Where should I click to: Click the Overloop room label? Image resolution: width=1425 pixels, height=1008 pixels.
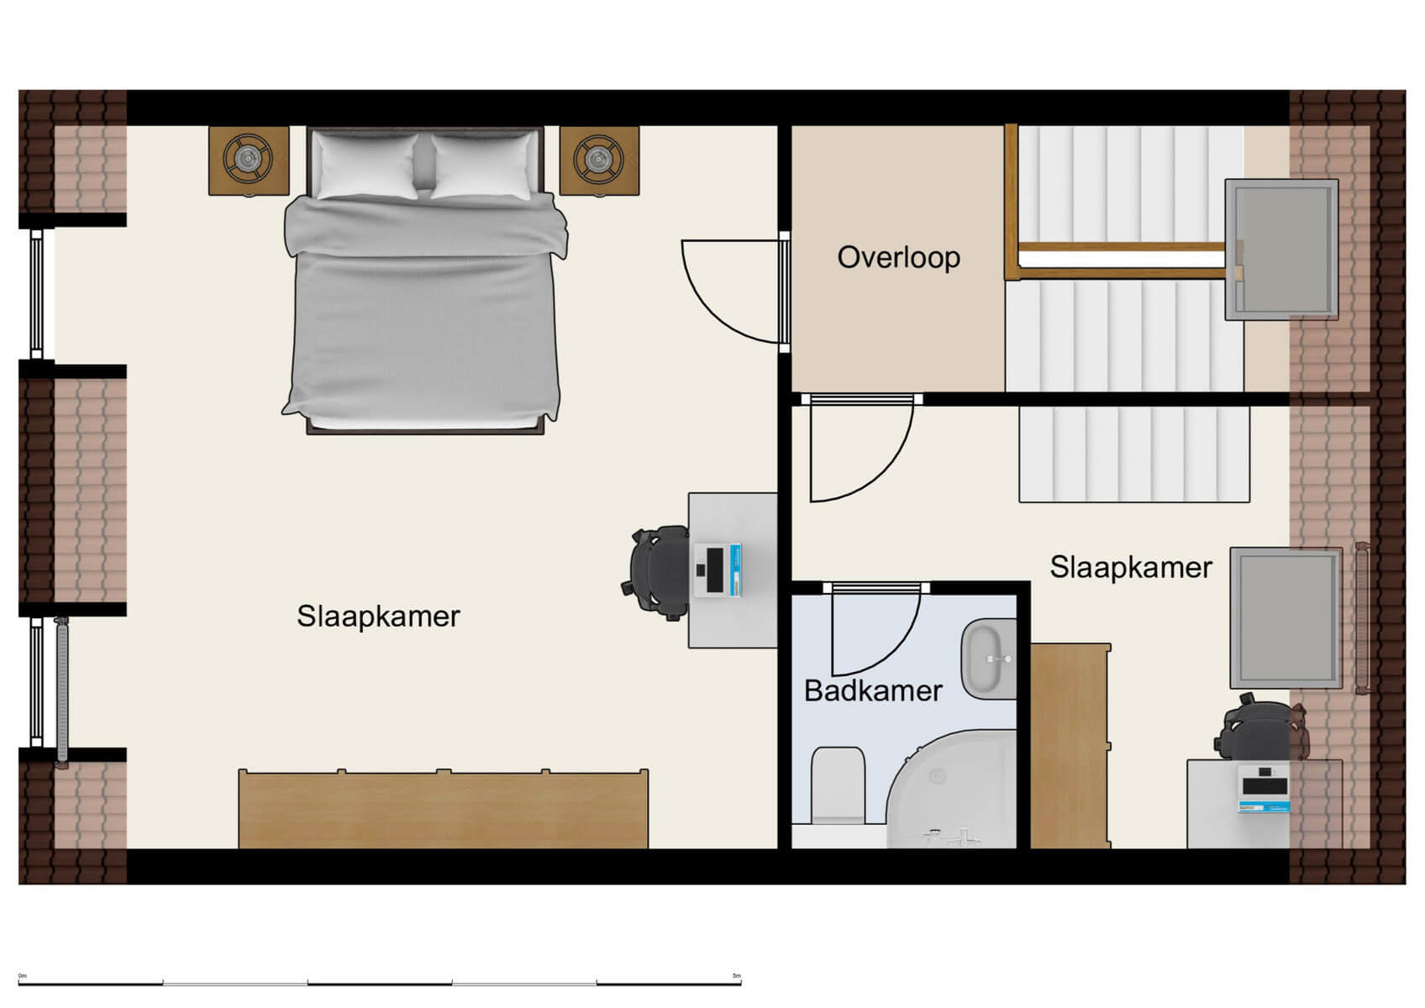tap(898, 257)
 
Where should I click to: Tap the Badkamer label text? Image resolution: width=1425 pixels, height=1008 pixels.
tap(873, 691)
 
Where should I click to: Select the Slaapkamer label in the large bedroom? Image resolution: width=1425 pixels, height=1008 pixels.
tap(378, 617)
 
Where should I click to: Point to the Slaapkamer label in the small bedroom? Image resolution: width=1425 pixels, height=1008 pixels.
tap(1130, 568)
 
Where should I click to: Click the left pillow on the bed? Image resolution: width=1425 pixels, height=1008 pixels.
tap(365, 165)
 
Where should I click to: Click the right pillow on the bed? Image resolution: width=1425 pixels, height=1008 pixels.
tap(482, 165)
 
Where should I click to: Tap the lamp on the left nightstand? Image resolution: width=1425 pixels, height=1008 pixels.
tap(248, 158)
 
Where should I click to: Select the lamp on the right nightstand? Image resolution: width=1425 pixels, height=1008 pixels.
tap(599, 158)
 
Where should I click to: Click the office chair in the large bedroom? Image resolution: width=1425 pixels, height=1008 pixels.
tap(660, 572)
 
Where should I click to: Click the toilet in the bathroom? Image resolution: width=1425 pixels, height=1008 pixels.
tap(838, 785)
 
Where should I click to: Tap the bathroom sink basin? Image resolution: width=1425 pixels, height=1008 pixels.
tap(990, 659)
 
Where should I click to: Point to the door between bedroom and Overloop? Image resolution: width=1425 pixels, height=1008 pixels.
tap(731, 290)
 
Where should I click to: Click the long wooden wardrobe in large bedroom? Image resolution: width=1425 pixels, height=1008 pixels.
tap(443, 810)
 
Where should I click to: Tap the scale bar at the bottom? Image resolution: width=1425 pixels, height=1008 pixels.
tap(380, 981)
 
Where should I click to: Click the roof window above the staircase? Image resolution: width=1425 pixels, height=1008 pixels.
tap(1280, 249)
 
